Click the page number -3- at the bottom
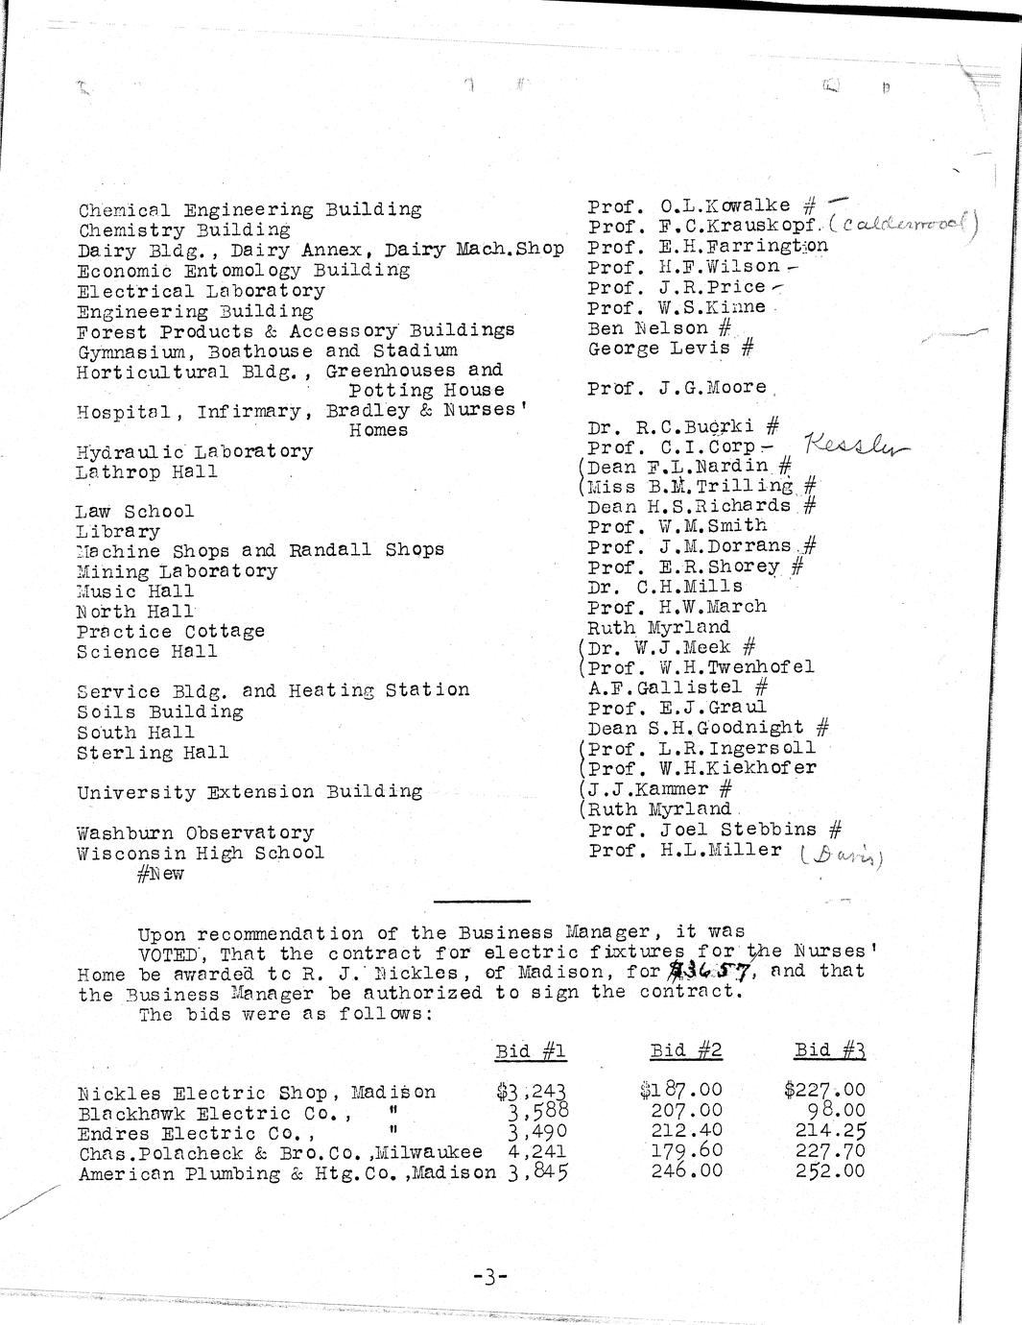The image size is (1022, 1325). [489, 1276]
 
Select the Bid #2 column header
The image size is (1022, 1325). [685, 1049]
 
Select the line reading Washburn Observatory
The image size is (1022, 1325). [195, 832]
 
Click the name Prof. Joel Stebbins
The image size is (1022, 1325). [715, 830]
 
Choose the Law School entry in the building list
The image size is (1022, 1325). [135, 512]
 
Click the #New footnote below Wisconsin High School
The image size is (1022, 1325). [160, 874]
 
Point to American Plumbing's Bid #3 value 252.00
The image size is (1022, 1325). [830, 1170]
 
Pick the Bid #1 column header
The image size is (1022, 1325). [531, 1050]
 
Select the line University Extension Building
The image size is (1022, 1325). [250, 792]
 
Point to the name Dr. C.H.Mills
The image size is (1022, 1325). [665, 587]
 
